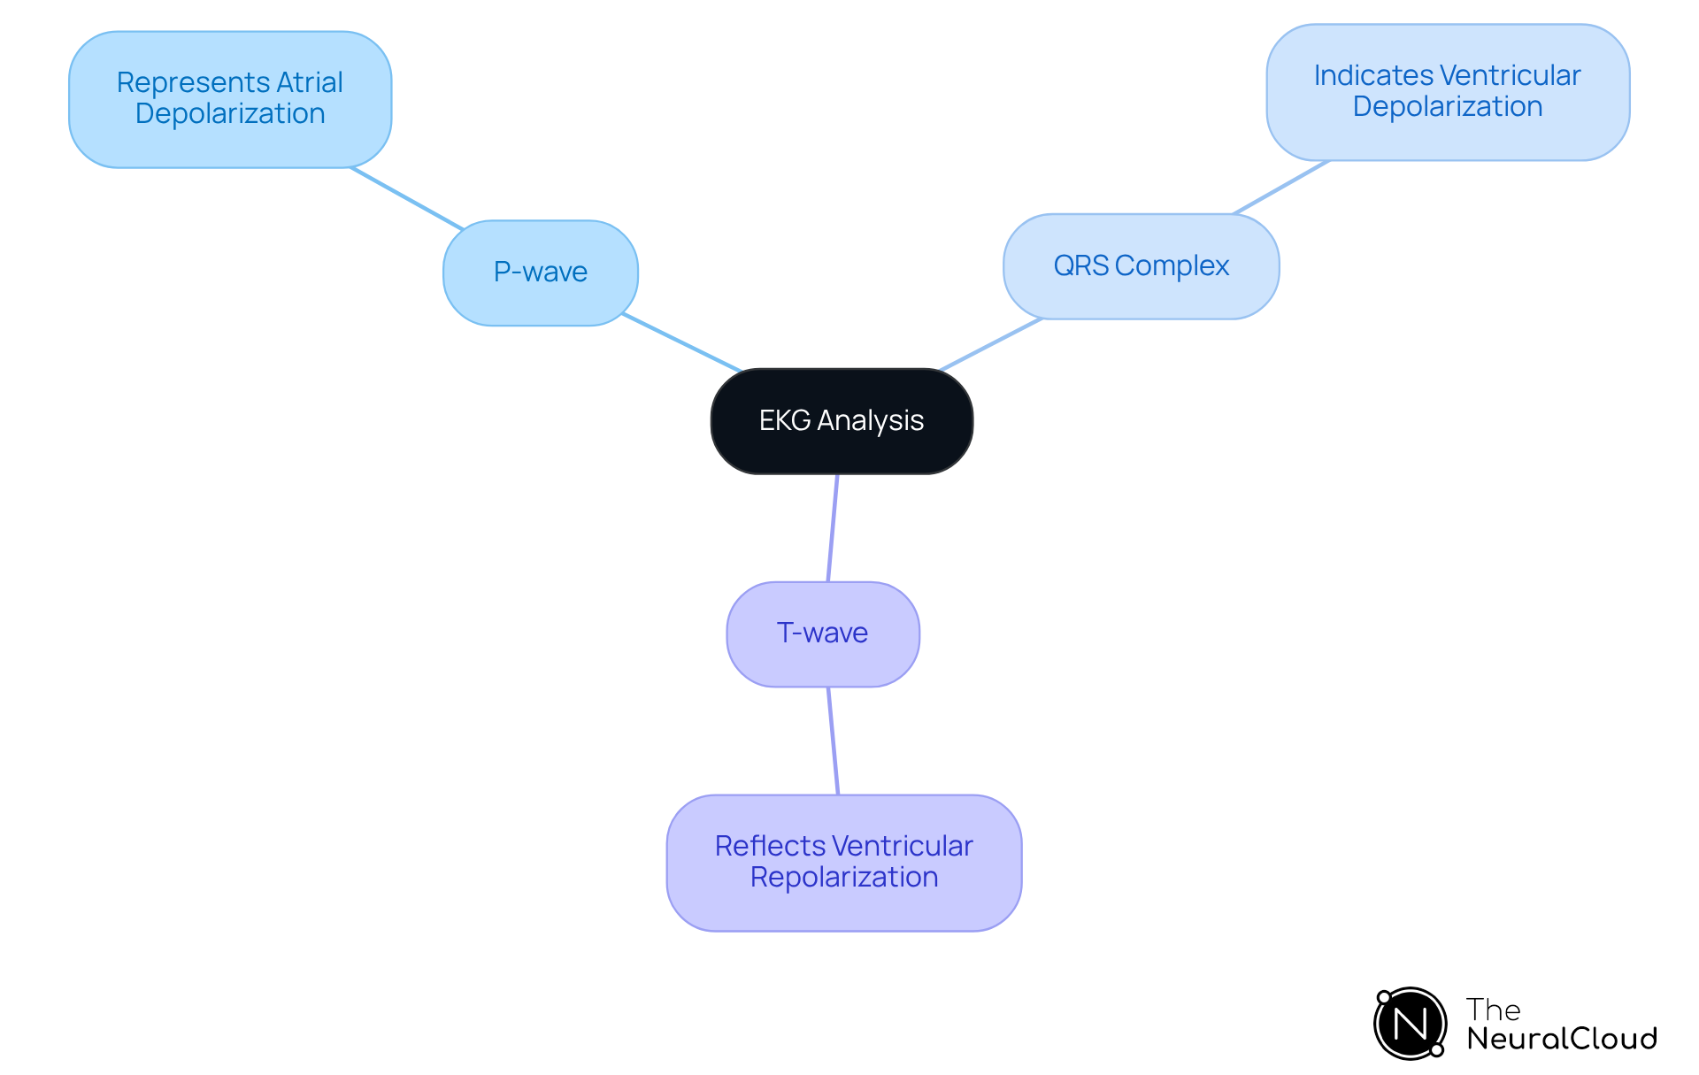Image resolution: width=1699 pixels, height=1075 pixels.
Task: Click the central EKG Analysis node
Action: coord(842,421)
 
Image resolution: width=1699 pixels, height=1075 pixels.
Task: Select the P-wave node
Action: coord(540,273)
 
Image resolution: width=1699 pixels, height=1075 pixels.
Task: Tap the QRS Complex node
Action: coord(1141,266)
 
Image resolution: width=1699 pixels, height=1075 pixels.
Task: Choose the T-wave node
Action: coord(822,633)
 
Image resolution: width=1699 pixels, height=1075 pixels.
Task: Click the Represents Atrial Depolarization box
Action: coord(230,99)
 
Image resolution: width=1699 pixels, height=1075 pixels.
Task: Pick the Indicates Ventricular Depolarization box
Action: coord(1447,92)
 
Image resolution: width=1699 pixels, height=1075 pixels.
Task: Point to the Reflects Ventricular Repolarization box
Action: coord(843,862)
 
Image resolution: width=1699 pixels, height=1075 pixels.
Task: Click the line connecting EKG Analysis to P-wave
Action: coord(681,342)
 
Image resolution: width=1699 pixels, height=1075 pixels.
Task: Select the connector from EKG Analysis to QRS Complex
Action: coord(991,344)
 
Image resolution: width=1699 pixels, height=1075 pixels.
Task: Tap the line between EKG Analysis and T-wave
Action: coord(833,528)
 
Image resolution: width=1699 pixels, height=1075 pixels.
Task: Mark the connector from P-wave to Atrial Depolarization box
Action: coord(407,199)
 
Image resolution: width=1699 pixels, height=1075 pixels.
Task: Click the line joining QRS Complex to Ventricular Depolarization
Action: coord(1281,188)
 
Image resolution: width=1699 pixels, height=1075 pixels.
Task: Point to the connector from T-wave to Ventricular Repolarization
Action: coord(833,741)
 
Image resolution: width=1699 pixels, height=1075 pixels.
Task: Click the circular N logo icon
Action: coord(1410,1024)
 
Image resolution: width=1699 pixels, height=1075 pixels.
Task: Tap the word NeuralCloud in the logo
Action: coord(1561,1039)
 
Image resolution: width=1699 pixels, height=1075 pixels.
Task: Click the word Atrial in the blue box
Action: coord(309,82)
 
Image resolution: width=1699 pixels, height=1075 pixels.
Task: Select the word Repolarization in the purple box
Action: coord(843,878)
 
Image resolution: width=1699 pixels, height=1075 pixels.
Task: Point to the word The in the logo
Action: coord(1493,1010)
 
